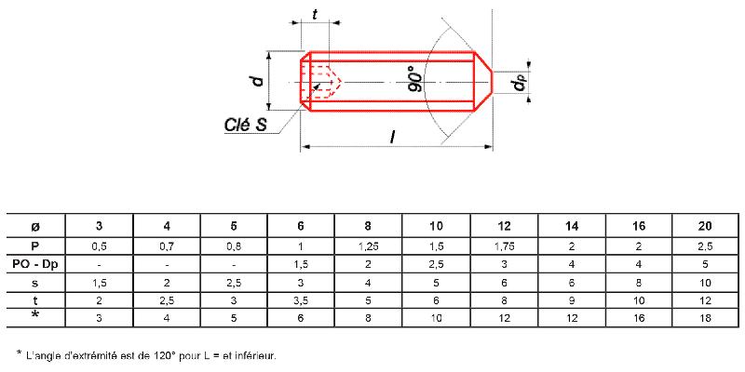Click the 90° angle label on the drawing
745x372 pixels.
pyautogui.click(x=416, y=80)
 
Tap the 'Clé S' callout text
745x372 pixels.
pyautogui.click(x=245, y=125)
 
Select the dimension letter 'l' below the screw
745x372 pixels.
pyautogui.click(x=392, y=137)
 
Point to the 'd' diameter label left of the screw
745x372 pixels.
pyautogui.click(x=258, y=81)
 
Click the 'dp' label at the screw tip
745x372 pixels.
pyautogui.click(x=519, y=85)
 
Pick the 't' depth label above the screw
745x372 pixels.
pyautogui.click(x=315, y=15)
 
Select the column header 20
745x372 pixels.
pyautogui.click(x=706, y=226)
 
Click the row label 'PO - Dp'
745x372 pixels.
pyautogui.click(x=35, y=264)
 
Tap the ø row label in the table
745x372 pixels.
pyautogui.click(x=35, y=227)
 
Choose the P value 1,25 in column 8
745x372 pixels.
pyautogui.click(x=368, y=246)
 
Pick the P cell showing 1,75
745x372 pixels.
pyautogui.click(x=505, y=246)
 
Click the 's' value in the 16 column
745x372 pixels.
pyautogui.click(x=639, y=283)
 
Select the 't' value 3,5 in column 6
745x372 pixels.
pyautogui.click(x=301, y=300)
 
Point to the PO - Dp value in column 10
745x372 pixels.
pyautogui.click(x=436, y=264)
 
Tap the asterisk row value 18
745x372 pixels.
pyautogui.click(x=706, y=318)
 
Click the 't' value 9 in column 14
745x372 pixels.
pyautogui.click(x=572, y=300)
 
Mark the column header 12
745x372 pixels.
pyautogui.click(x=505, y=226)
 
